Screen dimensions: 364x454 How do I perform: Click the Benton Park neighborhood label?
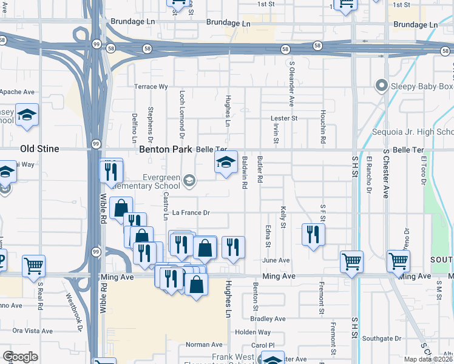pyautogui.click(x=166, y=149)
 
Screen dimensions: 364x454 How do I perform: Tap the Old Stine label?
pyautogui.click(x=39, y=149)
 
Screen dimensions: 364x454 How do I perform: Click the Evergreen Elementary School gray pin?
pyautogui.click(x=190, y=180)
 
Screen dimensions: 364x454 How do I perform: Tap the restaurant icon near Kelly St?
pyautogui.click(x=313, y=234)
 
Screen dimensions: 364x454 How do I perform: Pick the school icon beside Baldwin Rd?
pyautogui.click(x=226, y=162)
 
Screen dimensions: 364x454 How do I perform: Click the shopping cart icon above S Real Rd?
pyautogui.click(x=33, y=265)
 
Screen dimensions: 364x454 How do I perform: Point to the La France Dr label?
pyautogui.click(x=191, y=213)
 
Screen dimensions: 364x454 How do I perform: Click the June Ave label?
pyautogui.click(x=276, y=260)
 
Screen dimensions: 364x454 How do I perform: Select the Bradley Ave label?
pyautogui.click(x=268, y=318)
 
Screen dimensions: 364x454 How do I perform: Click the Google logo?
pyautogui.click(x=20, y=357)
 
